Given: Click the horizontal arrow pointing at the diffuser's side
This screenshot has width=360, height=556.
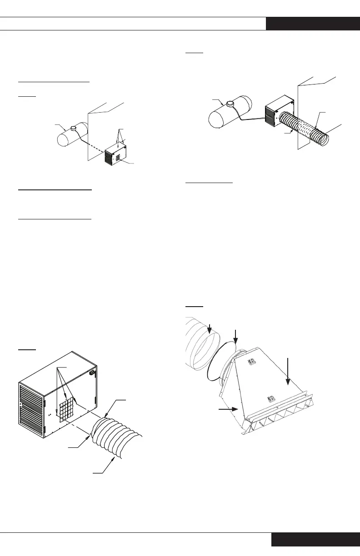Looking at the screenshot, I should tap(228, 409).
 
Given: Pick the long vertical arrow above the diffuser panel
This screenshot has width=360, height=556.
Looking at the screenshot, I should tap(288, 371).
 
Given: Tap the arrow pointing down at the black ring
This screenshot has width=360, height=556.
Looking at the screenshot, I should tap(235, 337).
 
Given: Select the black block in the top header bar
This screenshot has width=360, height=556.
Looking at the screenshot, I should tap(313, 24).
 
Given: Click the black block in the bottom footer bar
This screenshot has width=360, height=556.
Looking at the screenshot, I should tap(315, 540).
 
